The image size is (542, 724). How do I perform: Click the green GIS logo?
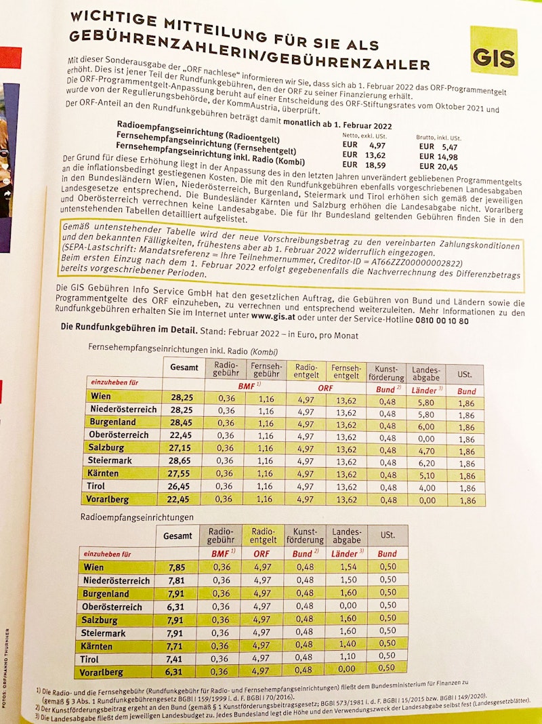pos(494,51)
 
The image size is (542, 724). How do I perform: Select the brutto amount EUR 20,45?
pos(438,167)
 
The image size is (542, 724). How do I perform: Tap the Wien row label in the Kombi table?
pos(100,397)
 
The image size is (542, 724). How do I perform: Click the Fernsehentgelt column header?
pos(347,371)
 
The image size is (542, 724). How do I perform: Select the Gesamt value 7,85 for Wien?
pos(177,568)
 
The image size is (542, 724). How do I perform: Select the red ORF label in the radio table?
pos(262,553)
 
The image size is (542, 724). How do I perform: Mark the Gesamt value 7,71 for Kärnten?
pos(177,646)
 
